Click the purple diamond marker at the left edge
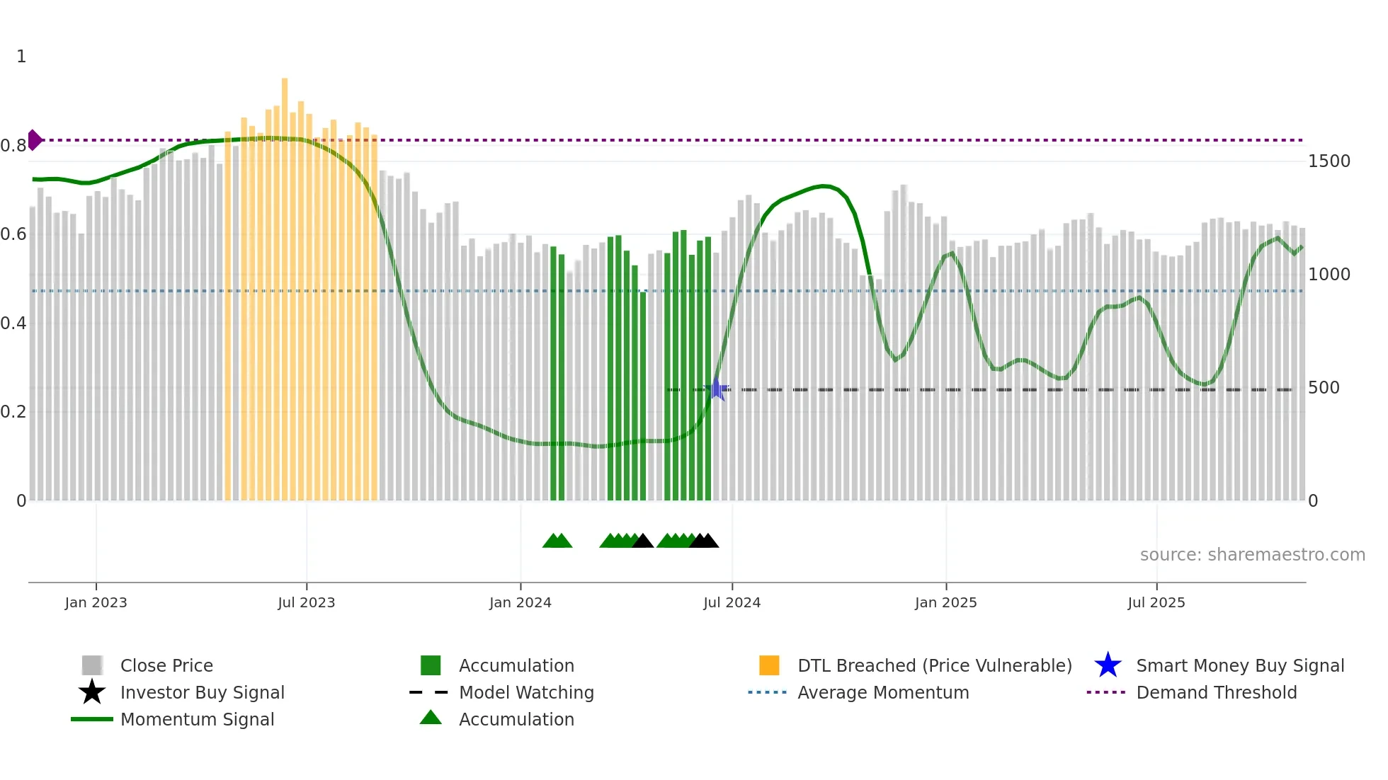pos(34,140)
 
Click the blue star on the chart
pos(717,389)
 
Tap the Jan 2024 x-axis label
pos(520,602)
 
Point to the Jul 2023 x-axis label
pos(306,602)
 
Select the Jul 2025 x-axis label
pos(1156,602)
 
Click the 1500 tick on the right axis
pos(1329,161)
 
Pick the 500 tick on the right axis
pos(1323,388)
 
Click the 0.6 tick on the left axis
pos(13,234)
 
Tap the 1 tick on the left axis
pos(21,57)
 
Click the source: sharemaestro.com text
pos(1252,555)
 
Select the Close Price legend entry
pos(166,665)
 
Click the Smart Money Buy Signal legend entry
pos(1239,665)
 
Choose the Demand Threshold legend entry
pos(1216,692)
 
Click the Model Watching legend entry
pos(525,692)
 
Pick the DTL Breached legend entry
pos(934,665)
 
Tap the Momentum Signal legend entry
pos(197,719)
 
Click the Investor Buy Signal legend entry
pos(202,692)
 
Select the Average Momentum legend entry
pos(882,692)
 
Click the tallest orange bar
pos(285,283)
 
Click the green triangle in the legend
pos(431,718)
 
